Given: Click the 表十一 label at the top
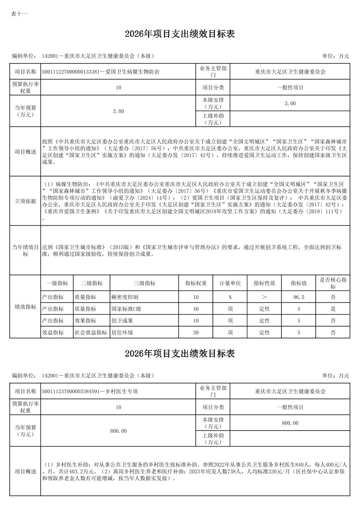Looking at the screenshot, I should coord(19,14).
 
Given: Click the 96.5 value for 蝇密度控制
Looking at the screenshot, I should coord(298,297).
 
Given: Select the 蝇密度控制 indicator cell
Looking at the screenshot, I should coord(125,297).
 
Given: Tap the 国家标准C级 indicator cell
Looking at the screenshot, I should coord(126,309).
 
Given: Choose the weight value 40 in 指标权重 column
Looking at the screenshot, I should coord(196,309).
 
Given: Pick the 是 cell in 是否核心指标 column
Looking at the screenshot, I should coord(333,309).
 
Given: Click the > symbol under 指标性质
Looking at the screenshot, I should coord(264,297).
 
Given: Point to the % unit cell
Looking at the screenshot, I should coord(230,297).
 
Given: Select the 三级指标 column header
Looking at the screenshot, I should coord(144,283).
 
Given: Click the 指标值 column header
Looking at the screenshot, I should coord(298,283).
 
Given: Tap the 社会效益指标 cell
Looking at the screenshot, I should coord(91,333).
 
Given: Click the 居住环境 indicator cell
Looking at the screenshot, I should coord(122,333).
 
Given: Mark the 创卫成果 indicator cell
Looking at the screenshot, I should coord(122,320).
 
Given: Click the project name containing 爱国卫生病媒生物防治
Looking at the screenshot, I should coord(101,72).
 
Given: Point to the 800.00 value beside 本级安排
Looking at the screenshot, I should coord(290,423).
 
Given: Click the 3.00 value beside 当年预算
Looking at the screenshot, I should coord(118,111).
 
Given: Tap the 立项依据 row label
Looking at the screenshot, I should coord(25,201).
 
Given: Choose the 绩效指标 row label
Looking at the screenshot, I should coord(25,307).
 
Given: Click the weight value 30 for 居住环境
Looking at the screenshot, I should coord(196,333).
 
